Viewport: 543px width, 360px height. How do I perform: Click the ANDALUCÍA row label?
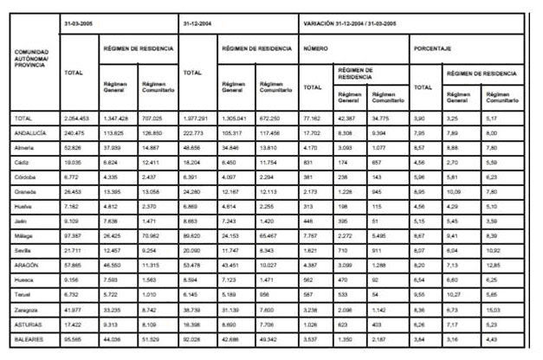pos(31,133)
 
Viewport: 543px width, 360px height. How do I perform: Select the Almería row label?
pos(27,148)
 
